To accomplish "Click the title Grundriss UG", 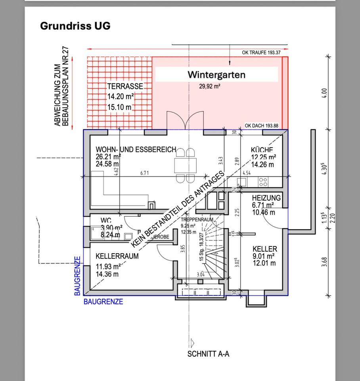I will (x=75, y=26).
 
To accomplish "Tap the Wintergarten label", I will (x=216, y=75).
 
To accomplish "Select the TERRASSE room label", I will (x=125, y=86).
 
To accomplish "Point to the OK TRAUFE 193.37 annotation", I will (x=261, y=53).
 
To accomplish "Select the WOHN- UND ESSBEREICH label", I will (x=136, y=150).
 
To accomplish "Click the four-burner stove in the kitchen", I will (x=263, y=182).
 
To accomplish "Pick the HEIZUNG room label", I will (x=266, y=198).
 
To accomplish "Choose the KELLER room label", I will (x=265, y=249).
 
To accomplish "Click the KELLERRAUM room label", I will (x=117, y=256).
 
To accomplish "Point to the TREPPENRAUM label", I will (x=197, y=219).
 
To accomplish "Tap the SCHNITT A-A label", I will (x=208, y=354).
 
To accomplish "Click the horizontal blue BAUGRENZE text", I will (x=103, y=302).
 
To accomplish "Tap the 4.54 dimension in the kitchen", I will (x=246, y=173).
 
